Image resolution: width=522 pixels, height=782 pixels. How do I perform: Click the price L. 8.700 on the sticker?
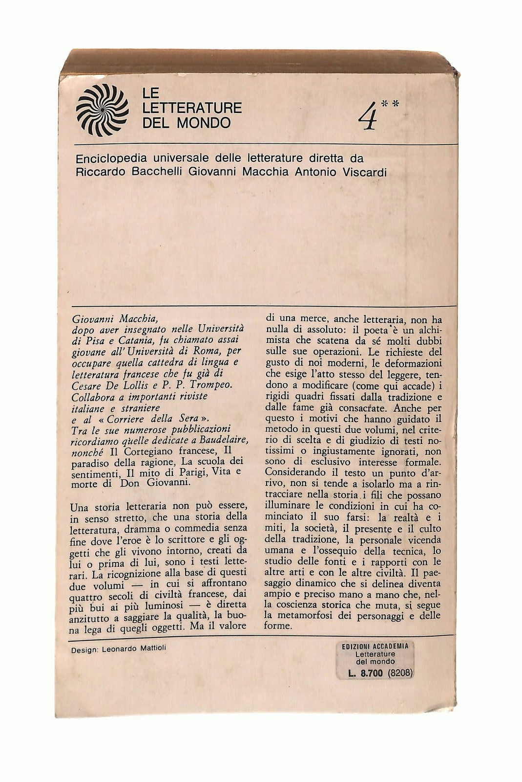[x=365, y=672]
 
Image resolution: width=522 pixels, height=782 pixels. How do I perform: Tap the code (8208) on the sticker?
[x=401, y=672]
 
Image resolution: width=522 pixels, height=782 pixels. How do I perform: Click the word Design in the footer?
[x=83, y=650]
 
